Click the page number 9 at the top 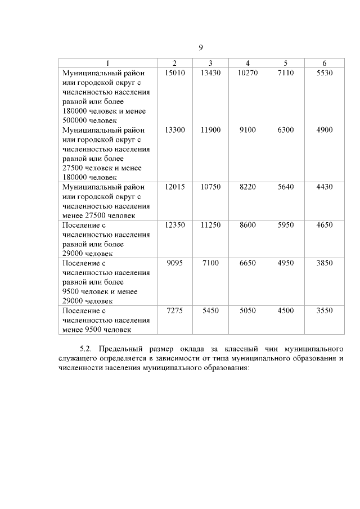(201, 47)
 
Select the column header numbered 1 (108, 63)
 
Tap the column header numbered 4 (247, 63)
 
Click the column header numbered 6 (324, 63)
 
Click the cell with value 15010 (175, 73)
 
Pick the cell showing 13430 (210, 73)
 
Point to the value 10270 (247, 73)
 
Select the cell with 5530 (324, 73)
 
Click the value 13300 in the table (175, 130)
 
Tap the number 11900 (210, 130)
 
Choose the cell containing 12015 (175, 187)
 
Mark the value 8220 (247, 187)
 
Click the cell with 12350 (175, 225)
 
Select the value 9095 (175, 263)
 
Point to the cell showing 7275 (175, 310)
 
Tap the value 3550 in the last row (324, 310)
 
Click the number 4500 (286, 310)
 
